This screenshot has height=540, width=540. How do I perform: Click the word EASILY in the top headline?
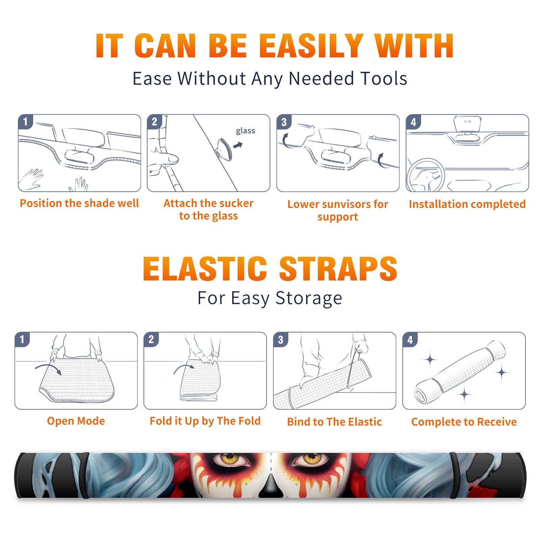(311, 46)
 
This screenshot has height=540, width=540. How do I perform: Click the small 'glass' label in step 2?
(245, 131)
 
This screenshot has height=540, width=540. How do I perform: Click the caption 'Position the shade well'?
(79, 203)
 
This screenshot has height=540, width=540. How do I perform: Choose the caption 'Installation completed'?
(467, 204)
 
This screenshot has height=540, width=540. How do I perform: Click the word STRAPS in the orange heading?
(338, 269)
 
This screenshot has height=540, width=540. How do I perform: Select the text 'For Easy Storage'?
(270, 298)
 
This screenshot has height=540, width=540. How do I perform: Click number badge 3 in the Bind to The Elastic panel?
(281, 340)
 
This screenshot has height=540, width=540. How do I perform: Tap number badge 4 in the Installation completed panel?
(413, 122)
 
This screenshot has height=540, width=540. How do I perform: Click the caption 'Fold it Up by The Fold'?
(205, 421)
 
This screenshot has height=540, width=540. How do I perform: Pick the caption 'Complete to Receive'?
(464, 422)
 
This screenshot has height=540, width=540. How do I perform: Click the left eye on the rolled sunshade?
(230, 459)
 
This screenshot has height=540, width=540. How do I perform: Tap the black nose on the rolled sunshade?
(271, 486)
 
